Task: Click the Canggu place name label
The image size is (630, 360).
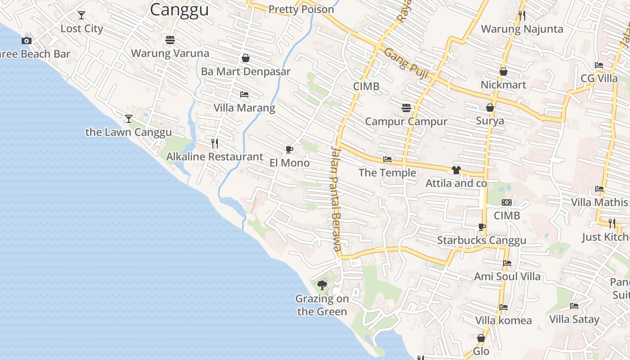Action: click(179, 9)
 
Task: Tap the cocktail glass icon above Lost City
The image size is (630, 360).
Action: click(81, 15)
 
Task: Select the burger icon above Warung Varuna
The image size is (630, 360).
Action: click(170, 40)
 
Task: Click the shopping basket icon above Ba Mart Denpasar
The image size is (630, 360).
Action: click(246, 58)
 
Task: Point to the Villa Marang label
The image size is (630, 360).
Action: click(244, 108)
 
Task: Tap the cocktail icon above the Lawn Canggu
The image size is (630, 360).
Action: click(129, 119)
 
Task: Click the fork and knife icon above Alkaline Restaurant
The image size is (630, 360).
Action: click(215, 144)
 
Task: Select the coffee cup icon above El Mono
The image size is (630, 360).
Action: click(289, 149)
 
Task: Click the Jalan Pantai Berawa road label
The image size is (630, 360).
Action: click(335, 198)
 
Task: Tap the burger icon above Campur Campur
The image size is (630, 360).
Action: click(406, 108)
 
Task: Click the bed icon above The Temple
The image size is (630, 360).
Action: click(387, 159)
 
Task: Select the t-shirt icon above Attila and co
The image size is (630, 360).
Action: click(456, 170)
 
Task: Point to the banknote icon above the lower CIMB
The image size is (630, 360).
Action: click(507, 202)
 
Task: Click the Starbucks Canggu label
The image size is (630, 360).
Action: click(481, 240)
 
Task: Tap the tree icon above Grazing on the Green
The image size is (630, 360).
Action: click(322, 285)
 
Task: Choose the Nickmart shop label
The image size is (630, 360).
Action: click(503, 85)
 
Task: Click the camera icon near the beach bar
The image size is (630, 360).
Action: click(27, 41)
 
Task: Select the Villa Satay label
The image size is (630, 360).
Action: click(574, 319)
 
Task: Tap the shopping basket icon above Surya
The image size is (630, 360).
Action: click(490, 108)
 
